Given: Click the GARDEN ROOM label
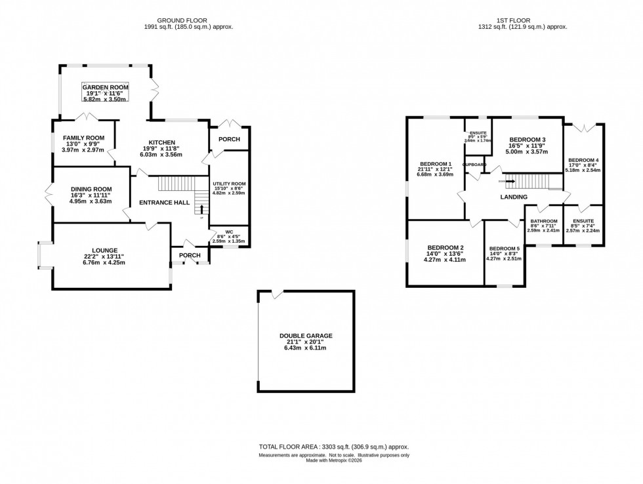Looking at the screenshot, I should (105, 87).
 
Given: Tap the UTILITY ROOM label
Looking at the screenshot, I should (229, 184).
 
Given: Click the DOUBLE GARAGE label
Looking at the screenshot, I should (305, 336).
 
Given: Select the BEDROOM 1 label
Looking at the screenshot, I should (436, 163).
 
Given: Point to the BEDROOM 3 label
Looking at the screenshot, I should (528, 140).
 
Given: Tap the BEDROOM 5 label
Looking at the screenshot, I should (504, 248).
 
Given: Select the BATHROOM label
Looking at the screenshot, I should (543, 221).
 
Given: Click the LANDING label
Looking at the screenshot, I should (513, 197).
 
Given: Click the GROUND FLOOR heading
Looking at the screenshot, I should (188, 20).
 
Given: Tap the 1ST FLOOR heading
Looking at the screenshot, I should (523, 20).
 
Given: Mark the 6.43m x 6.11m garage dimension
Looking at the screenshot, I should (305, 348).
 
